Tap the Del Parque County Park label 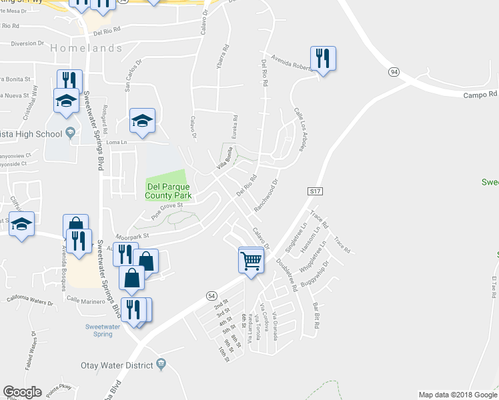(168, 190)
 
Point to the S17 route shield (316, 191)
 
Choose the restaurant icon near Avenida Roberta (323, 58)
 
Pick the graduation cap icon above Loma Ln (142, 121)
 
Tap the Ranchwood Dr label (265, 194)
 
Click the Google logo (23, 392)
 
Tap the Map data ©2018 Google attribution (456, 395)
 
